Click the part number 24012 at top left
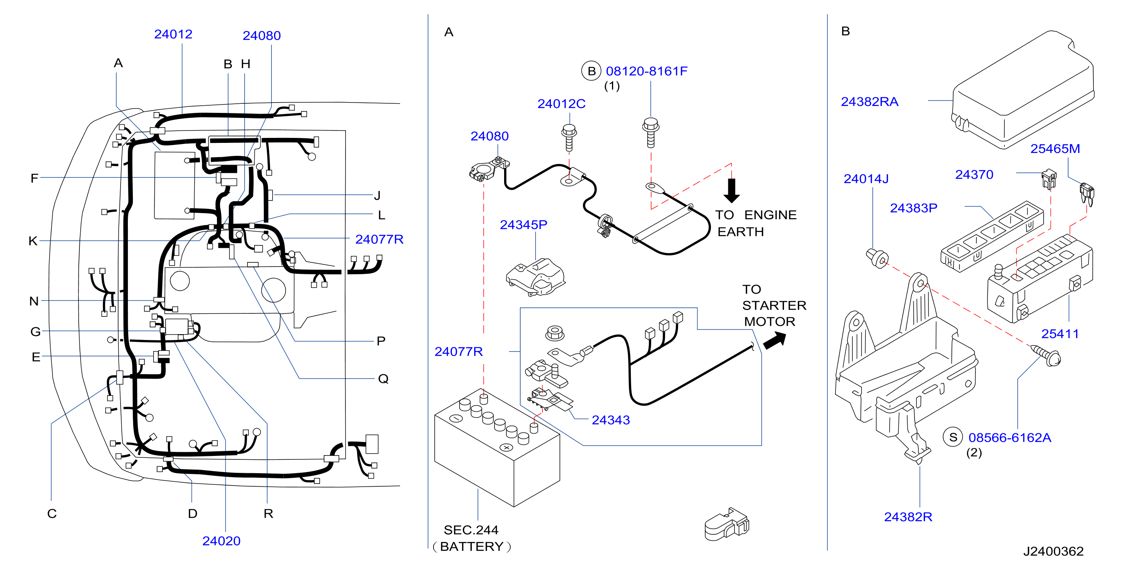173,34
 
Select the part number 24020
221,541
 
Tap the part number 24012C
561,104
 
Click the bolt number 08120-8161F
647,71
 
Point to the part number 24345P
523,225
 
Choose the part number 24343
610,420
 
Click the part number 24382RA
870,102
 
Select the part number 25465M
1055,149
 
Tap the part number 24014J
866,179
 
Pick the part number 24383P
913,208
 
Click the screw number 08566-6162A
1010,437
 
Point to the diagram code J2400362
1053,551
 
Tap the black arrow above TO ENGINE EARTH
731,190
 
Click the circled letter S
953,437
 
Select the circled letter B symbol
592,71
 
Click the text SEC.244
471,530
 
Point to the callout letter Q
383,379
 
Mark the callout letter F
34,178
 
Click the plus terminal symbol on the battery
507,447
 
